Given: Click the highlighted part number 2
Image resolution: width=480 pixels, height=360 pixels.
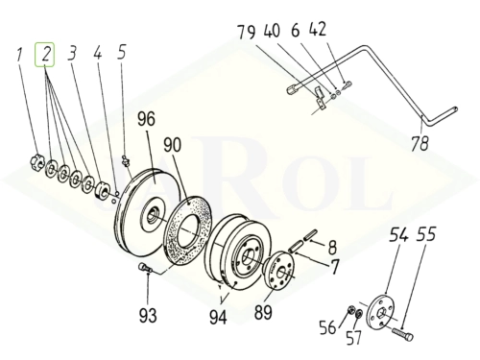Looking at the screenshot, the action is pos(45,54).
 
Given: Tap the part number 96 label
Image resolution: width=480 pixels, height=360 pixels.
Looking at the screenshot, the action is pos(146,119).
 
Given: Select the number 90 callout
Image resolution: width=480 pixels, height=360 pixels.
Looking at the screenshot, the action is pos(172,145).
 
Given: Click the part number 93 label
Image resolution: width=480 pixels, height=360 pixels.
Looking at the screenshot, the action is pos(148,316).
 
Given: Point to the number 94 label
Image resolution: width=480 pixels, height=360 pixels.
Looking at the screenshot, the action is pos(218,317).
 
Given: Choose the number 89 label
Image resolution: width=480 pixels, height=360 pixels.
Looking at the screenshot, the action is pos(263,312).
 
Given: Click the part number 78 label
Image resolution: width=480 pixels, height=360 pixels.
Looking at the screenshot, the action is pos(420,143).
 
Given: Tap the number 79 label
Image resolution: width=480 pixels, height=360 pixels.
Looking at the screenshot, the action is pos(247,32).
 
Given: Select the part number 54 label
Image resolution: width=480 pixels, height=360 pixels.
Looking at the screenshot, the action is pos(398,235).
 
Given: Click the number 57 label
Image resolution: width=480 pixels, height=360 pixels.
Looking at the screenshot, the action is pos(353,337).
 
